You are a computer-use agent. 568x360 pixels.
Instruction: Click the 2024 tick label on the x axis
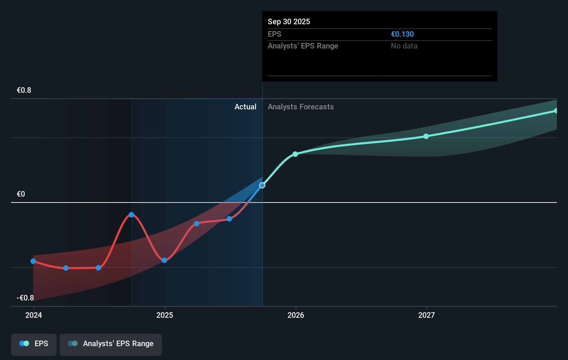34,315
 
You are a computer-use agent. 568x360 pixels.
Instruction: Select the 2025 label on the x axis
165,315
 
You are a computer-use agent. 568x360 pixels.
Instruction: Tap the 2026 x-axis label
296,315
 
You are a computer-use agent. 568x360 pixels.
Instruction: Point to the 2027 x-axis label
426,315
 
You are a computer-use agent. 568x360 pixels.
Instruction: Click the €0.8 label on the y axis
24,90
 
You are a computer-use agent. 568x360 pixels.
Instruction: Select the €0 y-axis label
21,194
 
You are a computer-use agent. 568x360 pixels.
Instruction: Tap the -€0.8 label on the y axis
25,298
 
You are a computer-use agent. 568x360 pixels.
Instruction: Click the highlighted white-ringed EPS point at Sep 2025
262,186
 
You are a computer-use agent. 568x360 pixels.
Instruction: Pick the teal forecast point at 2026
295,154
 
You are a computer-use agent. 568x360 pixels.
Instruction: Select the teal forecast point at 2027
426,136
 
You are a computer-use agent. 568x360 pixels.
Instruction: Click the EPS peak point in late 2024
131,215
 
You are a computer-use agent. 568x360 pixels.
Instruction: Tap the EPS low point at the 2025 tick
164,260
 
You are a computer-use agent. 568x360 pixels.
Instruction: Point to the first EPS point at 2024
33,261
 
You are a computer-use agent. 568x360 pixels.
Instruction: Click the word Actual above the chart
245,107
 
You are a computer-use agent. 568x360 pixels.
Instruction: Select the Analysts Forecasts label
301,107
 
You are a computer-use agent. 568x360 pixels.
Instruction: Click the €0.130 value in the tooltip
402,34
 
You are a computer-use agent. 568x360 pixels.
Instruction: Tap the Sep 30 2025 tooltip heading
289,22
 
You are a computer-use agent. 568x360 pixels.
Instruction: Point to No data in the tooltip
404,46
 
